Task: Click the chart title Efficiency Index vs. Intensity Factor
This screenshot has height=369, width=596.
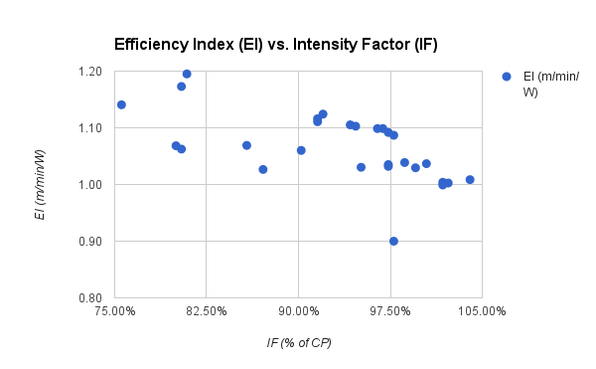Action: point(275,45)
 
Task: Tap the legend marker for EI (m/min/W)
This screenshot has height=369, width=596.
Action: point(507,77)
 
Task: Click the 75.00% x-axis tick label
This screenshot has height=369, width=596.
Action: point(115,312)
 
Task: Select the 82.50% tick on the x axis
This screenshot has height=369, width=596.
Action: point(207,312)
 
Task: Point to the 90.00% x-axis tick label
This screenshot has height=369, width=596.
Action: point(298,312)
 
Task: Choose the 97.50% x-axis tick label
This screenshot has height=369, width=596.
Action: point(389,312)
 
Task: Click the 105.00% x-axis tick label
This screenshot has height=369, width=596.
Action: point(481,312)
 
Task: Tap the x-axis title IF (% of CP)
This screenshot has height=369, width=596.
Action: point(298,343)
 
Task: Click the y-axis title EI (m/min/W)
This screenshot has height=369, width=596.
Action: point(40,184)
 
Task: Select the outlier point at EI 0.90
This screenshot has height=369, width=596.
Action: point(393,241)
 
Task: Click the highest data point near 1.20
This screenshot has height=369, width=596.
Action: point(187,74)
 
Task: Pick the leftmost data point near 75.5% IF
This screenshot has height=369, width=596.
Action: point(121,104)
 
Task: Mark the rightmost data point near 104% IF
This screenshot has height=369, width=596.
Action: point(470,180)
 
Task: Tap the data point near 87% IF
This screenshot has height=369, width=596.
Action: point(263,169)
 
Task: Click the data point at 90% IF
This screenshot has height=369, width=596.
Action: point(301,150)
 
